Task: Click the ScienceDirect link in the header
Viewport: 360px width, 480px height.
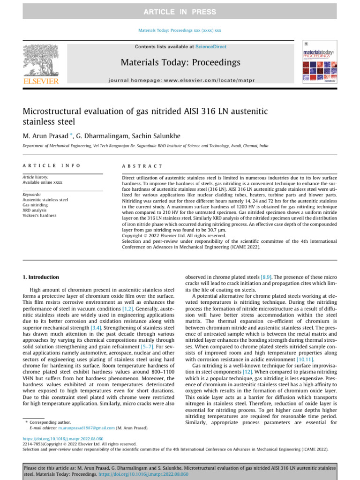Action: (x=210, y=47)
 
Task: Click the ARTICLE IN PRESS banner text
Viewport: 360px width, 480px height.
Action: (x=180, y=11)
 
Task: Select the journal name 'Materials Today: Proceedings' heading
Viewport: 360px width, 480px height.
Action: (x=180, y=62)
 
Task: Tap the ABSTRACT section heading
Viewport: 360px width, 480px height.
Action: (x=142, y=166)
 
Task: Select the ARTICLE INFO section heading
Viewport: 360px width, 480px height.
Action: (x=52, y=166)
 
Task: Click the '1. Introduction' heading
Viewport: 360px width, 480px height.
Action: (x=41, y=277)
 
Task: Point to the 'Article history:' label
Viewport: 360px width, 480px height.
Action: (x=36, y=177)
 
